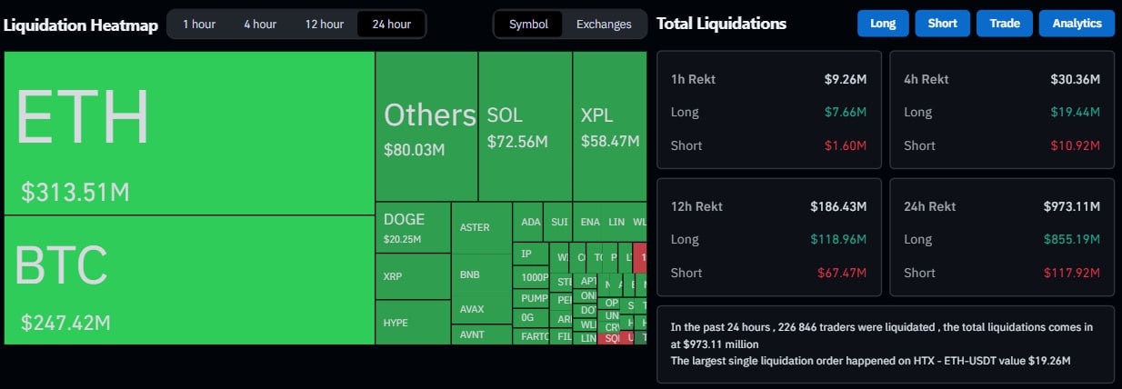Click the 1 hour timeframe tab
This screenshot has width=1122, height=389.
pyautogui.click(x=199, y=24)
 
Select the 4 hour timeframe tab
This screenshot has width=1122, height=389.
pyautogui.click(x=260, y=24)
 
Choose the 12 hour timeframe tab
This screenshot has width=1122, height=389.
pyautogui.click(x=324, y=24)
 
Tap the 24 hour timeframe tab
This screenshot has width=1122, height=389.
pyautogui.click(x=392, y=24)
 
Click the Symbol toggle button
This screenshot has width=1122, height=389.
pyautogui.click(x=528, y=24)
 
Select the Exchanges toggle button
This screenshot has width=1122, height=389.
pyautogui.click(x=604, y=24)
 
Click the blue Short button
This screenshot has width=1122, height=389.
pyautogui.click(x=942, y=24)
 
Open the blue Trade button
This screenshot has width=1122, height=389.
pyautogui.click(x=1004, y=24)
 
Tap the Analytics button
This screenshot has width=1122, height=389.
pyautogui.click(x=1077, y=24)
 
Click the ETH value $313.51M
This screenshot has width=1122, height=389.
pyautogui.click(x=75, y=193)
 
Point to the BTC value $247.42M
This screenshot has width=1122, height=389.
pyautogui.click(x=65, y=322)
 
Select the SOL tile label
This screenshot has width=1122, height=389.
pyautogui.click(x=505, y=115)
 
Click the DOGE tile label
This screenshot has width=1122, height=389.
pyautogui.click(x=404, y=219)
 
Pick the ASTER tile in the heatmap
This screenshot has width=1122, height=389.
pyautogui.click(x=475, y=227)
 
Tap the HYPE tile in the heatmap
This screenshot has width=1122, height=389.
pyautogui.click(x=395, y=323)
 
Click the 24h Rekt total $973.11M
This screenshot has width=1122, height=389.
pyautogui.click(x=1072, y=206)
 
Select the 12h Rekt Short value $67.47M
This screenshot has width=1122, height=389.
pyautogui.click(x=845, y=273)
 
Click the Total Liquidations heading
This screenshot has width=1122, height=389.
pyautogui.click(x=721, y=24)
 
